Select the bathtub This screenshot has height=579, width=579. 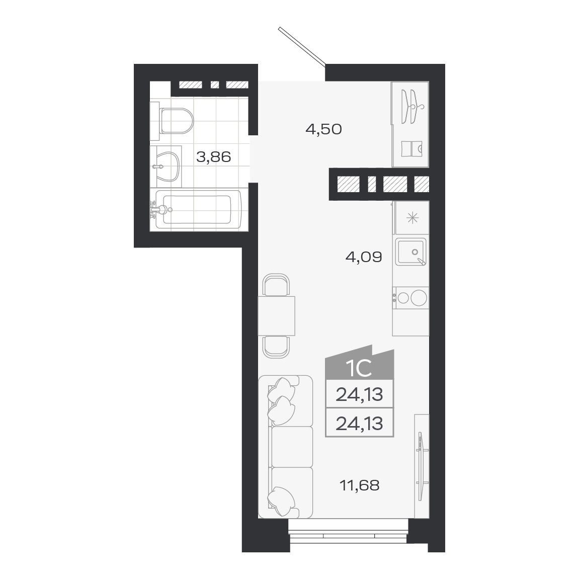pos(199,209)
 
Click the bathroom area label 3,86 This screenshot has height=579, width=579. pos(214,157)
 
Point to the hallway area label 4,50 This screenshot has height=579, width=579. pos(323,129)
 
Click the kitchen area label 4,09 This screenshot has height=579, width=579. pos(364,258)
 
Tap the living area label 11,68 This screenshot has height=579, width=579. pos(359,485)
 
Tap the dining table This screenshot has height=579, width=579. pos(276,316)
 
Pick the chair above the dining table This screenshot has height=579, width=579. pos(276,285)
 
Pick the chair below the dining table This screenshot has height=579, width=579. pos(276,346)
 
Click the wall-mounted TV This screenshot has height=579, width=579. pos(421,465)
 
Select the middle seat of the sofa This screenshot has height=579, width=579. pos(292,447)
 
